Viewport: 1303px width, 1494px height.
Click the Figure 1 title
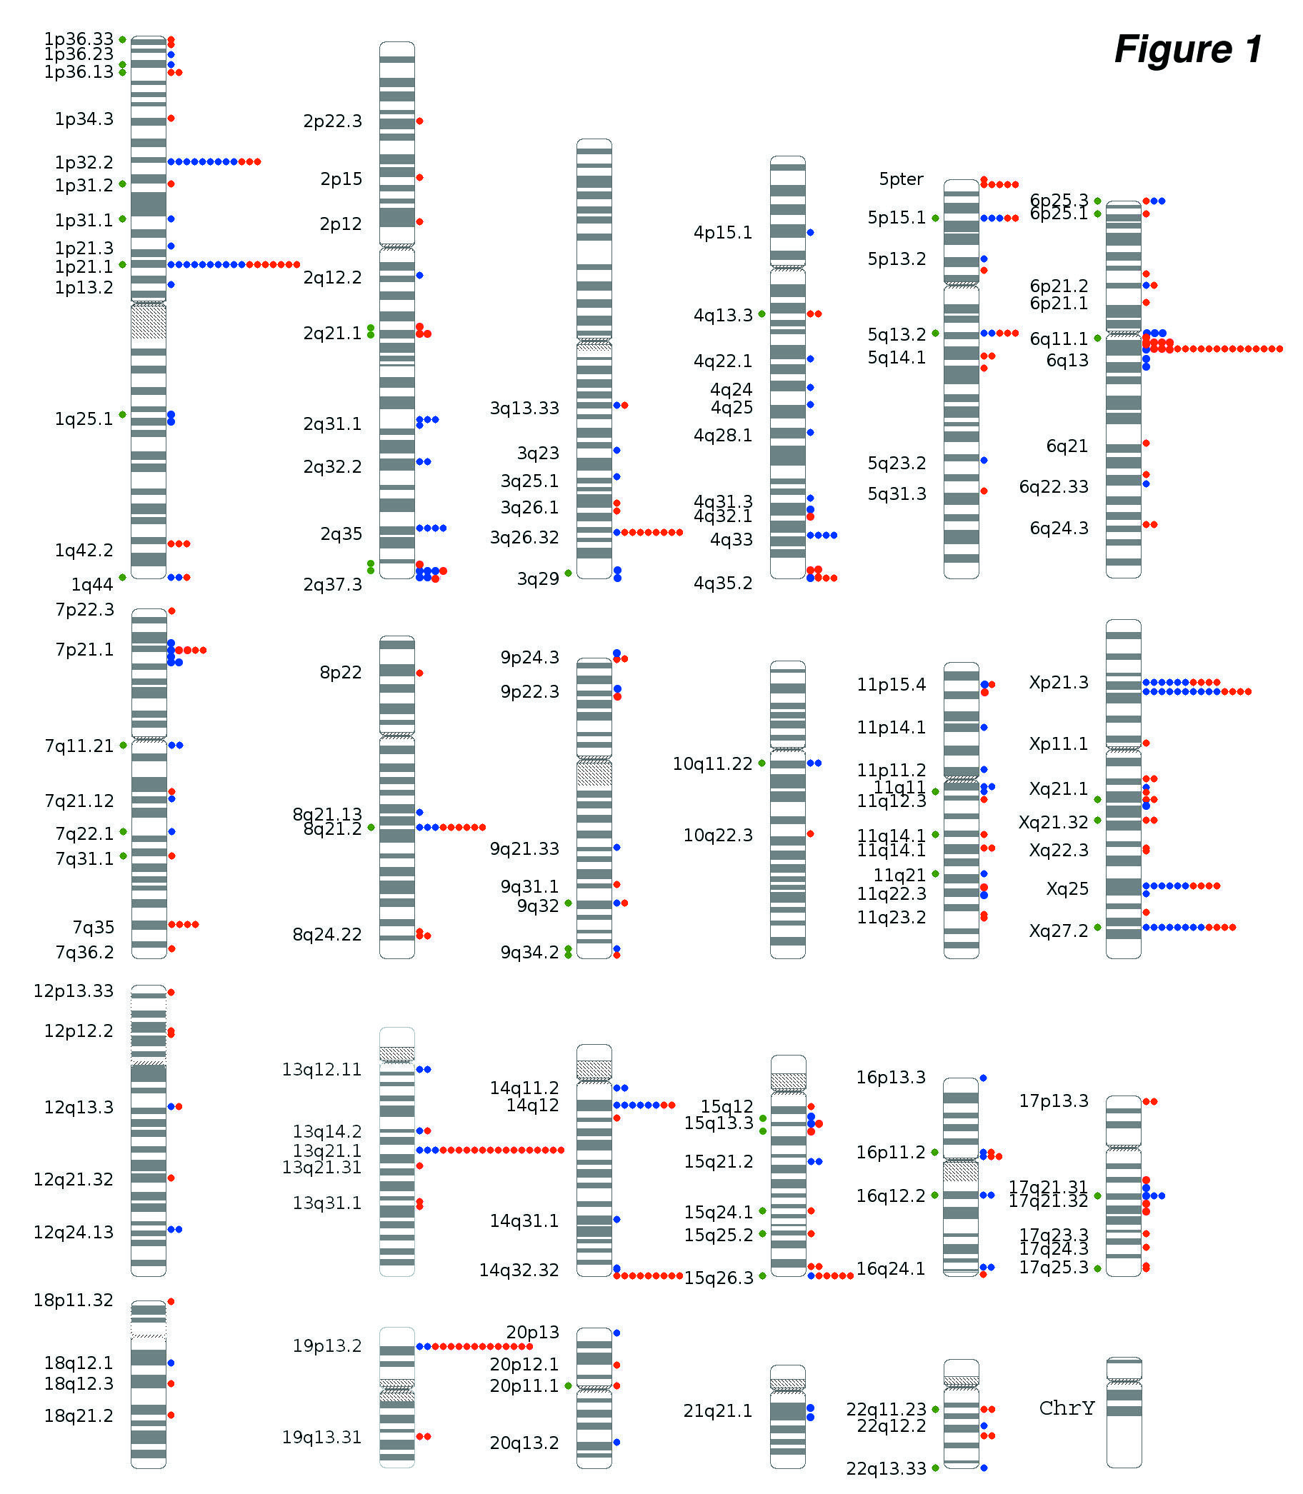1188,49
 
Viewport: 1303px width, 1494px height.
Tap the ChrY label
1067,1408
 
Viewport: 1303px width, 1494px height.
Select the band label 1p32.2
84,162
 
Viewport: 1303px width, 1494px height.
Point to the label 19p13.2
326,1345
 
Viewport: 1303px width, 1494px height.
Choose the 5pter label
901,179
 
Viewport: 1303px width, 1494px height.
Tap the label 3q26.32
524,537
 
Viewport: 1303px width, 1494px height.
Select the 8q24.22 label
326,934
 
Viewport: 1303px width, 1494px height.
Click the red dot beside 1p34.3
171,118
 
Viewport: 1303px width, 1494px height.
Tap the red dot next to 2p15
419,177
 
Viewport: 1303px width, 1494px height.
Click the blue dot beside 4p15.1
810,233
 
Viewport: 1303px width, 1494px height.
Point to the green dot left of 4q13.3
762,314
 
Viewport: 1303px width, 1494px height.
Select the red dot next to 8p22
419,673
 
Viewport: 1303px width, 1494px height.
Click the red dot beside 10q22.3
810,834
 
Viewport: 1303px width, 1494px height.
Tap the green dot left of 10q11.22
762,763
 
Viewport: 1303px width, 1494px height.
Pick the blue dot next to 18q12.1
171,1363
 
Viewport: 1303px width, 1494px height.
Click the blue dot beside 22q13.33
984,1468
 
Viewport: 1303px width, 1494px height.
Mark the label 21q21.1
718,1411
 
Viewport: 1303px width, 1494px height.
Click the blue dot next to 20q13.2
616,1442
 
